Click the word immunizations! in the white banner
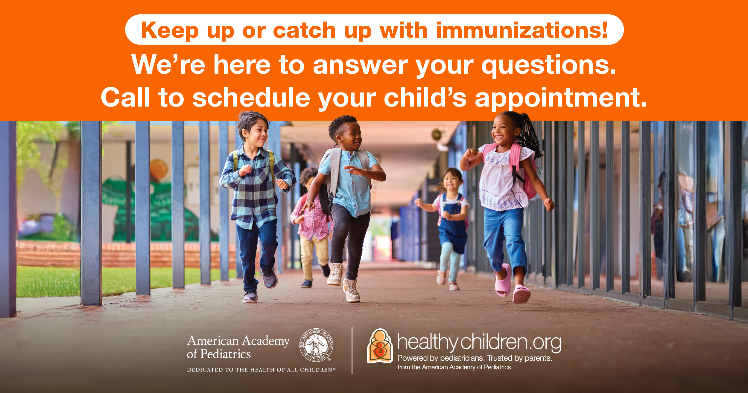pyautogui.click(x=522, y=30)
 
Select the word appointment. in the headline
pyautogui.click(x=561, y=98)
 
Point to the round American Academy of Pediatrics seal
pyautogui.click(x=316, y=345)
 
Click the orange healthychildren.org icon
pyautogui.click(x=380, y=346)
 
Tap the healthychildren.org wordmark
pyautogui.click(x=479, y=342)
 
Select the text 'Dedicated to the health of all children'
pyautogui.click(x=261, y=370)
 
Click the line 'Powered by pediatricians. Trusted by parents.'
pyautogui.click(x=475, y=358)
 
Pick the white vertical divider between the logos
pyautogui.click(x=352, y=350)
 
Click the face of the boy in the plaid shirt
pyautogui.click(x=256, y=133)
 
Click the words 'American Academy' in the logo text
pyautogui.click(x=238, y=341)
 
